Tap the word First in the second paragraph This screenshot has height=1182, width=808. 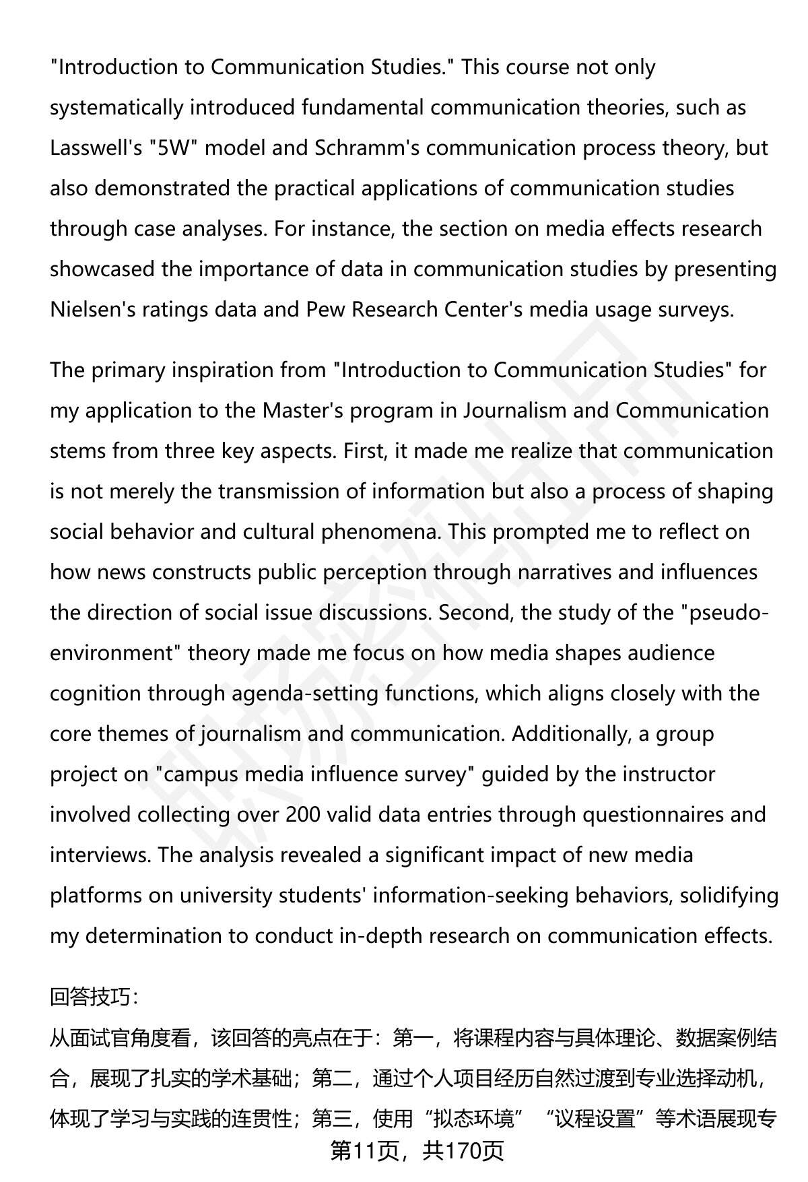coord(364,451)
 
